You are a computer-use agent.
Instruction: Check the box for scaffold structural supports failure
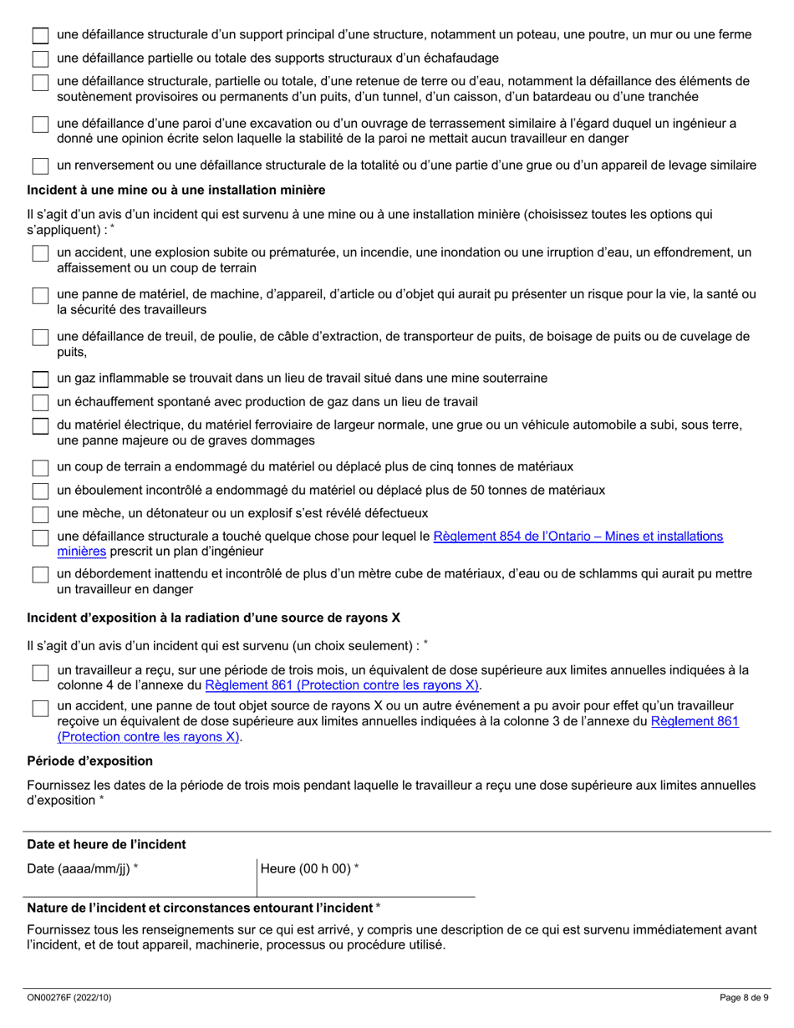coord(40,59)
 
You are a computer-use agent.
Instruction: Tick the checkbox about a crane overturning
coord(40,165)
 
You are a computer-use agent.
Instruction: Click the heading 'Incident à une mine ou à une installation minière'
coord(176,190)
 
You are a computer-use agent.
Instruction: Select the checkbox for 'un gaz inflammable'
coord(40,379)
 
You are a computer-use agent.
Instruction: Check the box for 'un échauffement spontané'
coord(40,403)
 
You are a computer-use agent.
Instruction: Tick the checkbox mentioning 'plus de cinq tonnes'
coord(40,467)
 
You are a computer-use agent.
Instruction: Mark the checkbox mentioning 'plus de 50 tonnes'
coord(40,491)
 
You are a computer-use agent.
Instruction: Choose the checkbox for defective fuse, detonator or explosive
coord(40,514)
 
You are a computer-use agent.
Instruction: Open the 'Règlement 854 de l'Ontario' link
coord(577,537)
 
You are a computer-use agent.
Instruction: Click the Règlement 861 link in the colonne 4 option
coord(343,685)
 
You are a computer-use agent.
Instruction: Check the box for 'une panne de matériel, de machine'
coord(40,296)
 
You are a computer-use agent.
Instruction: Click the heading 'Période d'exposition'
coord(89,761)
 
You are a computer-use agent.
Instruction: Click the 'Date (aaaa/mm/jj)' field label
coord(82,869)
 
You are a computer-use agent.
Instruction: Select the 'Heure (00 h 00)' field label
coord(310,869)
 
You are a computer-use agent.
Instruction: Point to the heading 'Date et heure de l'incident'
coord(106,844)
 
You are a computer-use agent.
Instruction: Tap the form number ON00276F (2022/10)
coord(66,997)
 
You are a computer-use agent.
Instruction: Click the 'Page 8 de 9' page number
coord(744,997)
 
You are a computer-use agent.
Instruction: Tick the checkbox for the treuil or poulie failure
coord(40,338)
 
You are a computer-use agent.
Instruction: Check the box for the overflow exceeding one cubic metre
coord(40,575)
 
